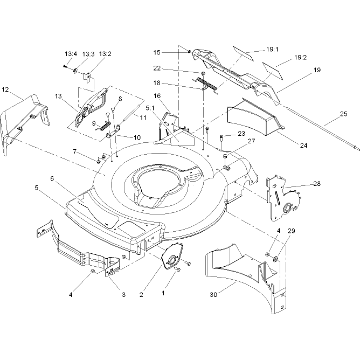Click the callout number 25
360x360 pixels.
click(x=343, y=114)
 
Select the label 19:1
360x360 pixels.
click(x=272, y=50)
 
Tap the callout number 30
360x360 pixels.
click(x=213, y=295)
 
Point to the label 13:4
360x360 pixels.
click(x=71, y=54)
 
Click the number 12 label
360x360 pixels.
click(x=5, y=89)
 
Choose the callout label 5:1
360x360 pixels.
click(x=150, y=108)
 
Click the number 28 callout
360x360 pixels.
click(x=317, y=184)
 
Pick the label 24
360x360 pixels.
click(x=303, y=146)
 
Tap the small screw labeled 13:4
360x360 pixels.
click(x=65, y=66)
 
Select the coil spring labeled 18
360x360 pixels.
click(x=205, y=84)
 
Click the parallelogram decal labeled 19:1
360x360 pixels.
click(x=244, y=53)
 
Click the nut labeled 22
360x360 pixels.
click(x=203, y=73)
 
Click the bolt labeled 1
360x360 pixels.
click(x=178, y=269)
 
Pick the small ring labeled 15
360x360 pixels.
click(x=189, y=52)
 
